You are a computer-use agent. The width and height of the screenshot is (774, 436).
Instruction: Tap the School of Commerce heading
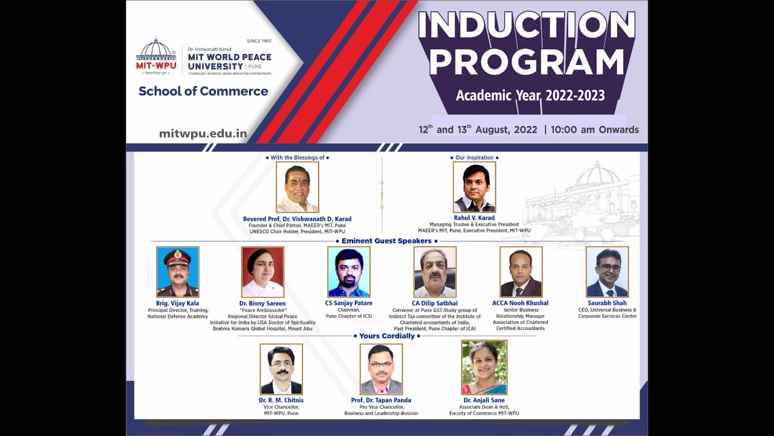[x=203, y=91]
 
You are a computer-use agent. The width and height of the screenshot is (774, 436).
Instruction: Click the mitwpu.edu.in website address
[x=203, y=134]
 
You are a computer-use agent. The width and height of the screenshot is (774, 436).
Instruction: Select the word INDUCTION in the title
[x=526, y=26]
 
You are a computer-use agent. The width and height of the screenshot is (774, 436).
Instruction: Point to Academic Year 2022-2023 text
[x=530, y=96]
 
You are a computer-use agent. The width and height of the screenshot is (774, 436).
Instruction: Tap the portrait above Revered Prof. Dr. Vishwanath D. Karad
[x=297, y=187]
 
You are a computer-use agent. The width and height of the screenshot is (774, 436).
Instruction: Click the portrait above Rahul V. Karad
[x=474, y=187]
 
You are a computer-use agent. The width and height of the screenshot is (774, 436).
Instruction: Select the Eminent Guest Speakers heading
[x=386, y=241]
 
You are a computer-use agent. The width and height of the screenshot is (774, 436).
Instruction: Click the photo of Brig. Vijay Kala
[x=177, y=272]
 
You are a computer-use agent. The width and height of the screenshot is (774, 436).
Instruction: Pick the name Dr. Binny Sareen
[x=262, y=303]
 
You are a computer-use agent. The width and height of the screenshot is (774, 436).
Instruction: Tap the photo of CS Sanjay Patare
[x=348, y=272]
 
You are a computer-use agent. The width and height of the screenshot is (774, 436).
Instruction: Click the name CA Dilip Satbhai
[x=435, y=303]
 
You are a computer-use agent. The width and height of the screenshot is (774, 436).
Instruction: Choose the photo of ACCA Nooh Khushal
[x=521, y=272]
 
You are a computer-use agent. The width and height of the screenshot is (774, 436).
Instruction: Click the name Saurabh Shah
[x=607, y=303]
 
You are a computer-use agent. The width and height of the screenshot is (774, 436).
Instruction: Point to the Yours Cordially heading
[x=387, y=336]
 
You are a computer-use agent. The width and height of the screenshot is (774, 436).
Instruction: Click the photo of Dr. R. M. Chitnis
[x=281, y=369]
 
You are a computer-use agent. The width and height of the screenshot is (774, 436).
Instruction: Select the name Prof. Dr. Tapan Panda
[x=381, y=400]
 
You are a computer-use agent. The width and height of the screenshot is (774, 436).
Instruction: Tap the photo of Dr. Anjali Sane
[x=484, y=368]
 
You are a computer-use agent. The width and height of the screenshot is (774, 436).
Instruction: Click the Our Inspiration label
[x=474, y=158]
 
